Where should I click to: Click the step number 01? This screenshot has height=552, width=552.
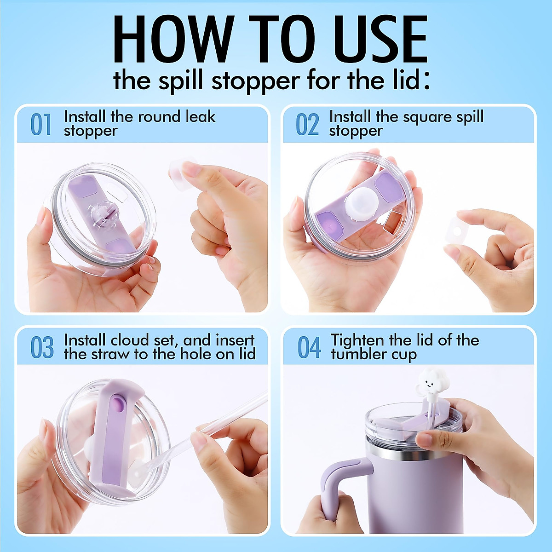pyautogui.click(x=41, y=124)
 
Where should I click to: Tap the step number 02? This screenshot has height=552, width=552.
pyautogui.click(x=307, y=124)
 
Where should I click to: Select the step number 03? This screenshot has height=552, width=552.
pyautogui.click(x=42, y=347)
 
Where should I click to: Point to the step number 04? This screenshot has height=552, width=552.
pyautogui.click(x=309, y=347)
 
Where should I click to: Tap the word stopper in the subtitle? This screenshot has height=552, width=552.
pyautogui.click(x=255, y=81)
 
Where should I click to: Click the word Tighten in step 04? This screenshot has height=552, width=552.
pyautogui.click(x=357, y=341)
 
